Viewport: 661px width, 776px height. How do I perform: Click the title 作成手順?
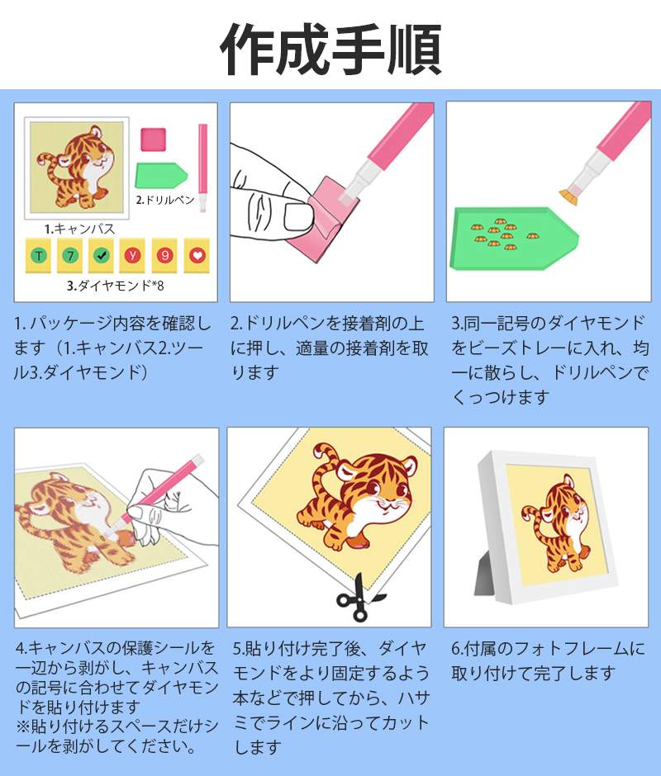click(330, 50)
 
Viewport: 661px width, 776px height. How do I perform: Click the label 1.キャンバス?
click(80, 229)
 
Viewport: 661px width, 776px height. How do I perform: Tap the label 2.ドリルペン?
click(165, 200)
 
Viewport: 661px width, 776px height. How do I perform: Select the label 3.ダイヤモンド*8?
click(116, 286)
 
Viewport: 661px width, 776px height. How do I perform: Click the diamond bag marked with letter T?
click(39, 255)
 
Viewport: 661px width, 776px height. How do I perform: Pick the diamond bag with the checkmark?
click(101, 255)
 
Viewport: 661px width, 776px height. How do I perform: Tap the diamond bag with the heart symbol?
click(197, 255)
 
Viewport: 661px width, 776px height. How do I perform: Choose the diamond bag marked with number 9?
click(165, 255)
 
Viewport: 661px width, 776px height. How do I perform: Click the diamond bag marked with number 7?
click(70, 255)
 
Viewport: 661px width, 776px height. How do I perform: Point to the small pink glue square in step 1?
click(153, 140)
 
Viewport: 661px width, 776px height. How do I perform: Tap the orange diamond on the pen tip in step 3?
click(571, 197)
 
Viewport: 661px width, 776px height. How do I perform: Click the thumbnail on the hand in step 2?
click(298, 217)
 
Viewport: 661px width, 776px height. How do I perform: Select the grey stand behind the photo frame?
click(486, 573)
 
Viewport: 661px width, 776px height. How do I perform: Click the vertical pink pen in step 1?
click(202, 168)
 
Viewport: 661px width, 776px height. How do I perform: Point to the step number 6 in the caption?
click(456, 649)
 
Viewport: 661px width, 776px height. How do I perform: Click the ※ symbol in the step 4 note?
click(23, 726)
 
